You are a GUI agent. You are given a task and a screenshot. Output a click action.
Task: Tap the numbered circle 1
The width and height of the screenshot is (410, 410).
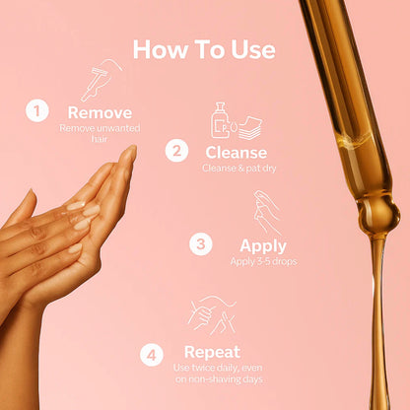click(37, 110)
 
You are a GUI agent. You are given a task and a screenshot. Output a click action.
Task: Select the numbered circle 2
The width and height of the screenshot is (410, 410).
click(176, 151)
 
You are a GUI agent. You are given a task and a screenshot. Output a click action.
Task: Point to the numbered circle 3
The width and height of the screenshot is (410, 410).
click(201, 244)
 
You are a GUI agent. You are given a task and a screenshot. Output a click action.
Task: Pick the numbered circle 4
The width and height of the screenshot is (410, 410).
click(152, 355)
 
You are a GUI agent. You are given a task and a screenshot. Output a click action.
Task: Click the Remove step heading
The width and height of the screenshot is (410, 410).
click(100, 112)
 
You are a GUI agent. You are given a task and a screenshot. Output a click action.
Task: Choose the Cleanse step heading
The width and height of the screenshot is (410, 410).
click(237, 153)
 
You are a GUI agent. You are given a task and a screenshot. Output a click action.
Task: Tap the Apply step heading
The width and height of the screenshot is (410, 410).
click(263, 246)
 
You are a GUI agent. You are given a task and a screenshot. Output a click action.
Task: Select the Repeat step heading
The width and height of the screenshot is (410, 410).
click(212, 353)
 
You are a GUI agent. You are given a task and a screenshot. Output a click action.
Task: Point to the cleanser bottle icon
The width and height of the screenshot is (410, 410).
click(221, 120)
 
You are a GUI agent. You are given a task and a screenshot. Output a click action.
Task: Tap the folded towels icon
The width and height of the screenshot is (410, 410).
click(250, 127)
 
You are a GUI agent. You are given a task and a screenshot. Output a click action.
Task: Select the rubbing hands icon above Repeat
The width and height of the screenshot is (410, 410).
click(212, 314)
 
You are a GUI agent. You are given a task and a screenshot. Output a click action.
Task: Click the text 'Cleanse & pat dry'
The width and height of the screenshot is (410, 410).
click(239, 169)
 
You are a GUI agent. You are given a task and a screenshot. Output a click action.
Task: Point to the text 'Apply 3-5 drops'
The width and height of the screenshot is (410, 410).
click(263, 261)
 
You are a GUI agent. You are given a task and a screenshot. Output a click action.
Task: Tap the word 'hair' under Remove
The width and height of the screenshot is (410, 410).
click(100, 139)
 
